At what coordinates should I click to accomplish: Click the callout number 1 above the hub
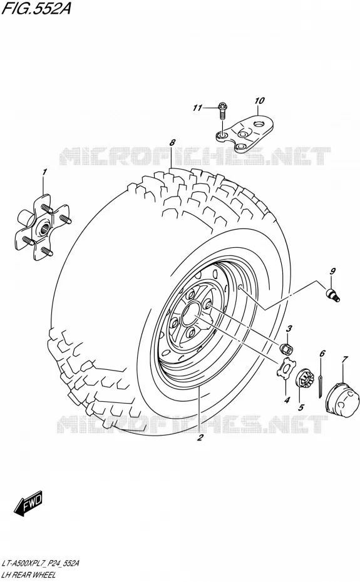point(44,172)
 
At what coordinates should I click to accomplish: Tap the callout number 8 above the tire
point(172,142)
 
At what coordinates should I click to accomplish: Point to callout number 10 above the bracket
point(259,100)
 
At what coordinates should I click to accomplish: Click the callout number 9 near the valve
point(332,271)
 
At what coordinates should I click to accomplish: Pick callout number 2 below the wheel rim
point(200,438)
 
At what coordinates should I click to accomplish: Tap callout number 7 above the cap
point(345,359)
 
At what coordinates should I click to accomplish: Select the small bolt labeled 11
point(222,110)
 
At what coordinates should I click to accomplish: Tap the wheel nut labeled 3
point(286,349)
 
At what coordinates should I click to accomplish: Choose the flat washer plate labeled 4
point(285,369)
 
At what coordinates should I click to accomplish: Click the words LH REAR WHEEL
point(28,574)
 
